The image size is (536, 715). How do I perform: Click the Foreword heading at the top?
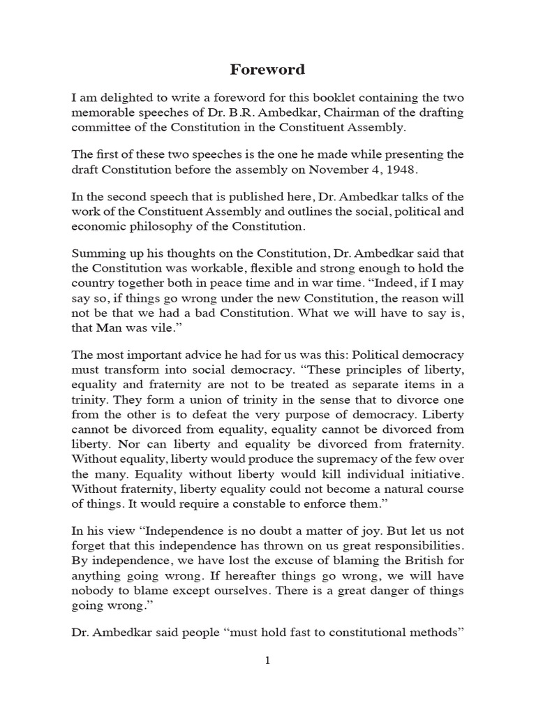(x=267, y=71)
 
